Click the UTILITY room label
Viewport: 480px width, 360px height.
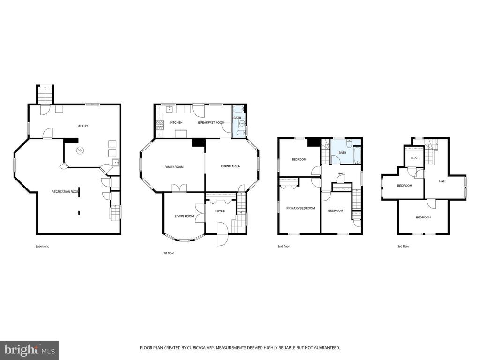point(82,126)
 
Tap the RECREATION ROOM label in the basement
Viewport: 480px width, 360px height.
point(66,192)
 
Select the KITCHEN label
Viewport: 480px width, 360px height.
point(176,122)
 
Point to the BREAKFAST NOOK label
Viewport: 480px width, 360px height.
point(211,122)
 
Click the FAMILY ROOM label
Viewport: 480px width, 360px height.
point(174,167)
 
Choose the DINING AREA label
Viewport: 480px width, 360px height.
point(230,166)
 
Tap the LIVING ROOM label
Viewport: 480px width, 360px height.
point(184,216)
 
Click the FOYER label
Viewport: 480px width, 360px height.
point(220,211)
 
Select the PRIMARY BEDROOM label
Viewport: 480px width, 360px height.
point(300,208)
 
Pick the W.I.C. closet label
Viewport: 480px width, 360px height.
point(414,157)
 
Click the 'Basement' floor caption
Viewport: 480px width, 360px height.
point(42,246)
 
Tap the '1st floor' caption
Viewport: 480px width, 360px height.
point(168,253)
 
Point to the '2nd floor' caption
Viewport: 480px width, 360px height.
point(284,246)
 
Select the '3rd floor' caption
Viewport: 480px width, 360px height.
point(403,246)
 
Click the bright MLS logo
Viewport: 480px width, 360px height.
point(29,350)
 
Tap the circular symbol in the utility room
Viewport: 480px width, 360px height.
point(80,150)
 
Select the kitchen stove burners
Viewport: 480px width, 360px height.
point(159,124)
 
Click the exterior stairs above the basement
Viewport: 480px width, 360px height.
point(45,95)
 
